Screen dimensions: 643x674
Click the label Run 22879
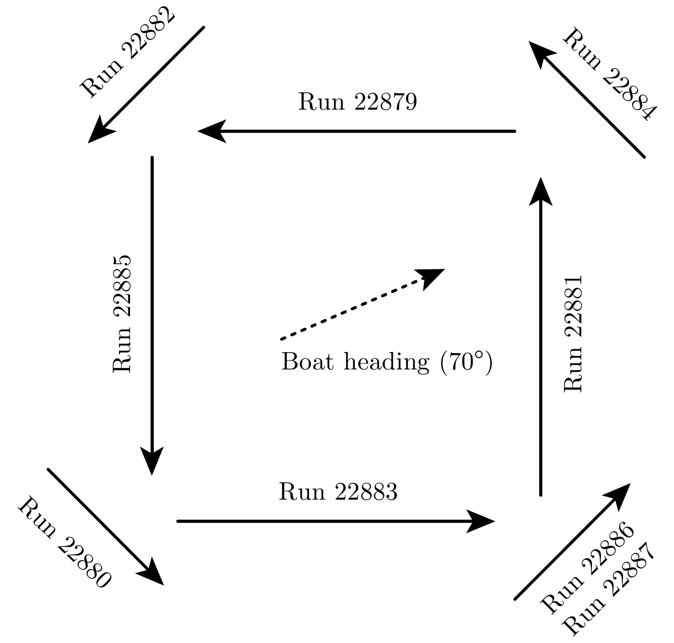[x=358, y=102]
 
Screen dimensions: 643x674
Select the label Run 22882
[x=128, y=51]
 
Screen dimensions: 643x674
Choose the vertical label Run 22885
[x=122, y=314]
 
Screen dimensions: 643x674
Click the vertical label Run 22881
[x=573, y=333]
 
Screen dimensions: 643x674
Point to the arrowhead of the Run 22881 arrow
[x=540, y=191]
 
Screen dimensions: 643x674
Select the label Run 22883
[x=338, y=492]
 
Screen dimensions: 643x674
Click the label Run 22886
[x=588, y=568]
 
